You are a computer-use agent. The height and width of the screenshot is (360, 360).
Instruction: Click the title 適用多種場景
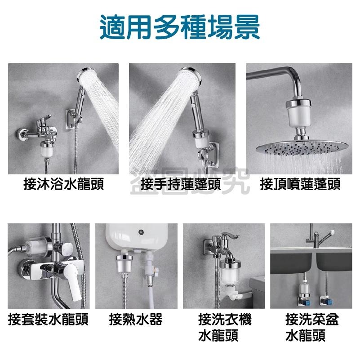(x=180, y=28)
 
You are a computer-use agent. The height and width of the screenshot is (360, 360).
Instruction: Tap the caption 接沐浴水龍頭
(x=63, y=184)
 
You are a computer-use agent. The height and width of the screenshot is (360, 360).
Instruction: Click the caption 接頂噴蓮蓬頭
(x=300, y=184)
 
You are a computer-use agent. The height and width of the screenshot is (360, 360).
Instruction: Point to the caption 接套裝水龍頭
(x=48, y=320)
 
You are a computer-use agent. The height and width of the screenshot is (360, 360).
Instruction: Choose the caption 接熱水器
(x=136, y=320)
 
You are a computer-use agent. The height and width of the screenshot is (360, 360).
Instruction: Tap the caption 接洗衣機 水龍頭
(x=225, y=327)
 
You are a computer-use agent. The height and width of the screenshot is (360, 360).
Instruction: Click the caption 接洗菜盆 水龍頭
(x=311, y=327)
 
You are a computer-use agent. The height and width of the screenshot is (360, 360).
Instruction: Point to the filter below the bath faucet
(x=45, y=148)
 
